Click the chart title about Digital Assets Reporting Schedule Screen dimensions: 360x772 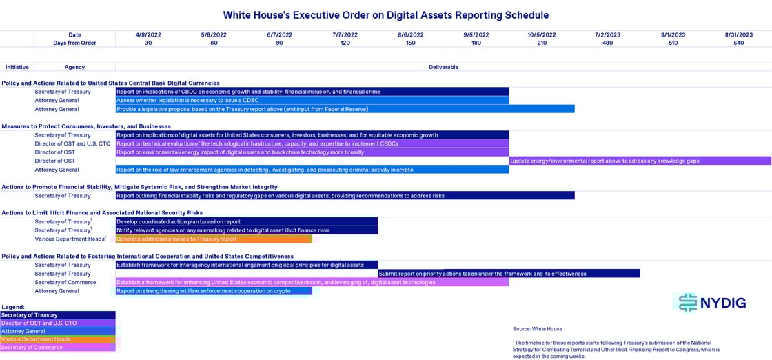(x=386, y=14)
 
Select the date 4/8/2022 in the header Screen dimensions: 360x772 (x=148, y=34)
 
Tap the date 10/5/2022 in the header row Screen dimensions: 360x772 (x=542, y=34)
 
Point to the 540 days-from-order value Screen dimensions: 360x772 (x=738, y=43)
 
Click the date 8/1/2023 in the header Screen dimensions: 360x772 (x=673, y=34)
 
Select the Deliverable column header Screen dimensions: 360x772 (x=443, y=67)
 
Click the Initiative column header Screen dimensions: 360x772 (x=17, y=67)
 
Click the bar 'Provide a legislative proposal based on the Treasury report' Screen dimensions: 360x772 (x=345, y=109)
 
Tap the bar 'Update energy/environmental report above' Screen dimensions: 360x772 (x=640, y=161)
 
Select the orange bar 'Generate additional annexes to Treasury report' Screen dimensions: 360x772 (x=214, y=239)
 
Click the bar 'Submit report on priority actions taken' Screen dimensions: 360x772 (x=509, y=274)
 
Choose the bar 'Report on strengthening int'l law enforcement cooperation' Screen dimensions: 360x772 (x=214, y=291)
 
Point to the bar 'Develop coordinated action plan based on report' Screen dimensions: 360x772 (x=246, y=222)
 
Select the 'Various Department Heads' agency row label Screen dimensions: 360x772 (x=70, y=239)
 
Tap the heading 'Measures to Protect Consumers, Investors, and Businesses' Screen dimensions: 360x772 (x=86, y=126)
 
